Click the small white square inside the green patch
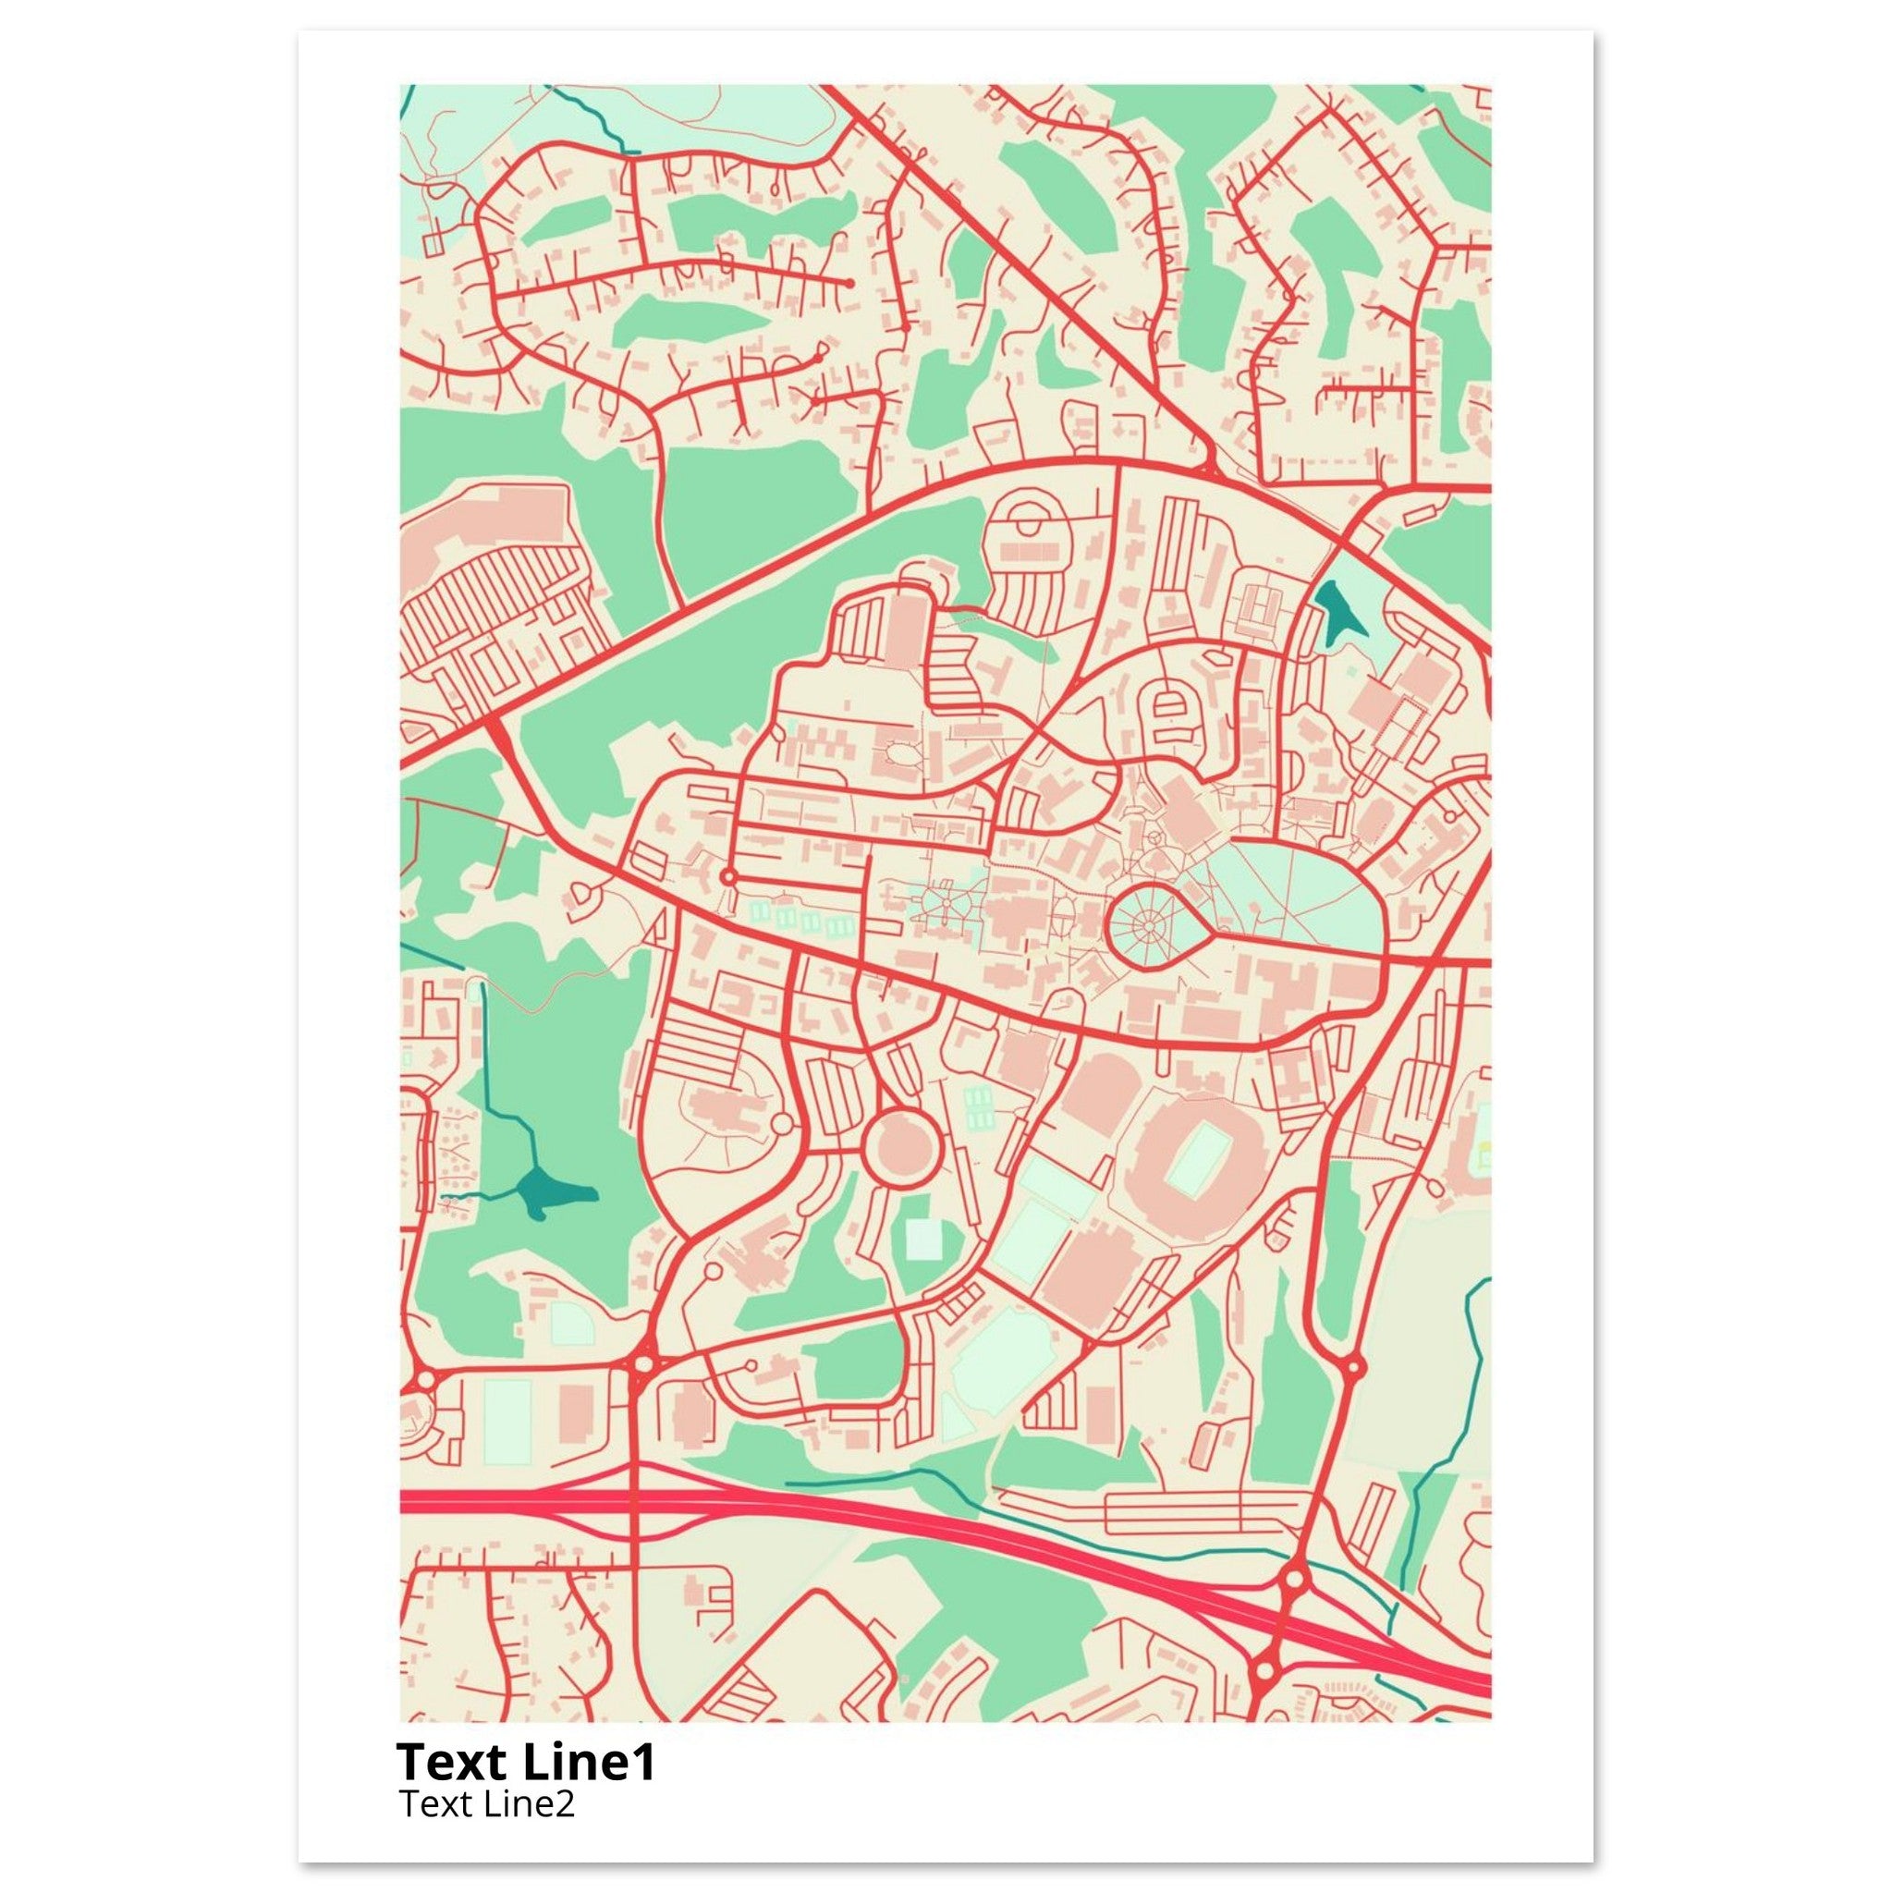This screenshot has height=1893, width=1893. (921, 1239)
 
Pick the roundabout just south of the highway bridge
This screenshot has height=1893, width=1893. (1265, 1667)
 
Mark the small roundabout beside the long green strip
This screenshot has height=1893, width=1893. (1352, 1366)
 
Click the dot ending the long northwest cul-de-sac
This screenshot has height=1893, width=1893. (849, 283)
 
